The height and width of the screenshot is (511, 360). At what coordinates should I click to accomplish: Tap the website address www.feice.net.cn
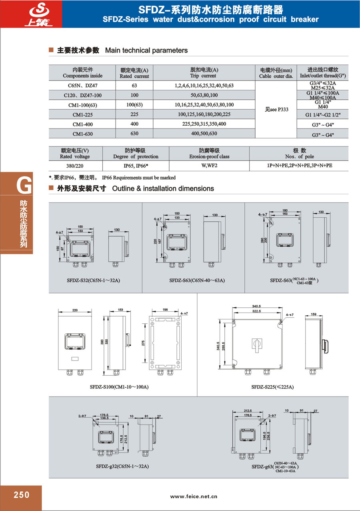pyautogui.click(x=194, y=496)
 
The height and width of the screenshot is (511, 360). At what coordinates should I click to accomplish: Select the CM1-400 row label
pyautogui.click(x=82, y=124)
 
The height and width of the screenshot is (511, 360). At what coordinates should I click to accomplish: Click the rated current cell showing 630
pyautogui.click(x=134, y=134)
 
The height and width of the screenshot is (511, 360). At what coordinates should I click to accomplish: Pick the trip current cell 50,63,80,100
pyautogui.click(x=204, y=95)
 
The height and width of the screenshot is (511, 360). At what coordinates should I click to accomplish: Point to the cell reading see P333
pyautogui.click(x=277, y=109)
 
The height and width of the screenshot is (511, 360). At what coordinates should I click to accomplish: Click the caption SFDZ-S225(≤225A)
pyautogui.click(x=272, y=387)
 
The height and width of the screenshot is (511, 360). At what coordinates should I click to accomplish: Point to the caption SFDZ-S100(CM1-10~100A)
pyautogui.click(x=119, y=387)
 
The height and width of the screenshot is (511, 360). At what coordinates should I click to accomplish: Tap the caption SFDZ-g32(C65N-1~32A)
pyautogui.click(x=122, y=466)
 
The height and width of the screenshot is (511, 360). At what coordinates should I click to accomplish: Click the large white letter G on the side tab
pyautogui.click(x=24, y=185)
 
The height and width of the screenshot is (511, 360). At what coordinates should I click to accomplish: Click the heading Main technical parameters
pyautogui.click(x=146, y=50)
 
